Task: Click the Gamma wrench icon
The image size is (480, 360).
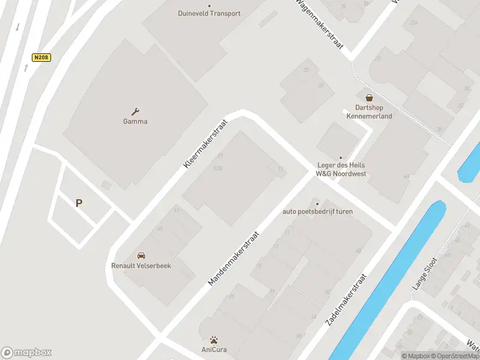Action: [136, 111]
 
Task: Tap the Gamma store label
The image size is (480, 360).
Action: [136, 121]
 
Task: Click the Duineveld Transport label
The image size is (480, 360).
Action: [209, 13]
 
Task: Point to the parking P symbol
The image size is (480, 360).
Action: [79, 203]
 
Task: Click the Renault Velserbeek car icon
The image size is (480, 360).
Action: [142, 256]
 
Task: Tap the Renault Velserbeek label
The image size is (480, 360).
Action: [142, 266]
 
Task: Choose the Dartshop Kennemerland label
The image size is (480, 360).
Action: [369, 112]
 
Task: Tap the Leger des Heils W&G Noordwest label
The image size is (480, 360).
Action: [341, 169]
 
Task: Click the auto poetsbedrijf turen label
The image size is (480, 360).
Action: [318, 211]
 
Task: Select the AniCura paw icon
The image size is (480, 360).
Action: [214, 340]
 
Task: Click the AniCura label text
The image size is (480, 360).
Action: [214, 350]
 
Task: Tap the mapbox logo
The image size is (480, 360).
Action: [26, 352]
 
